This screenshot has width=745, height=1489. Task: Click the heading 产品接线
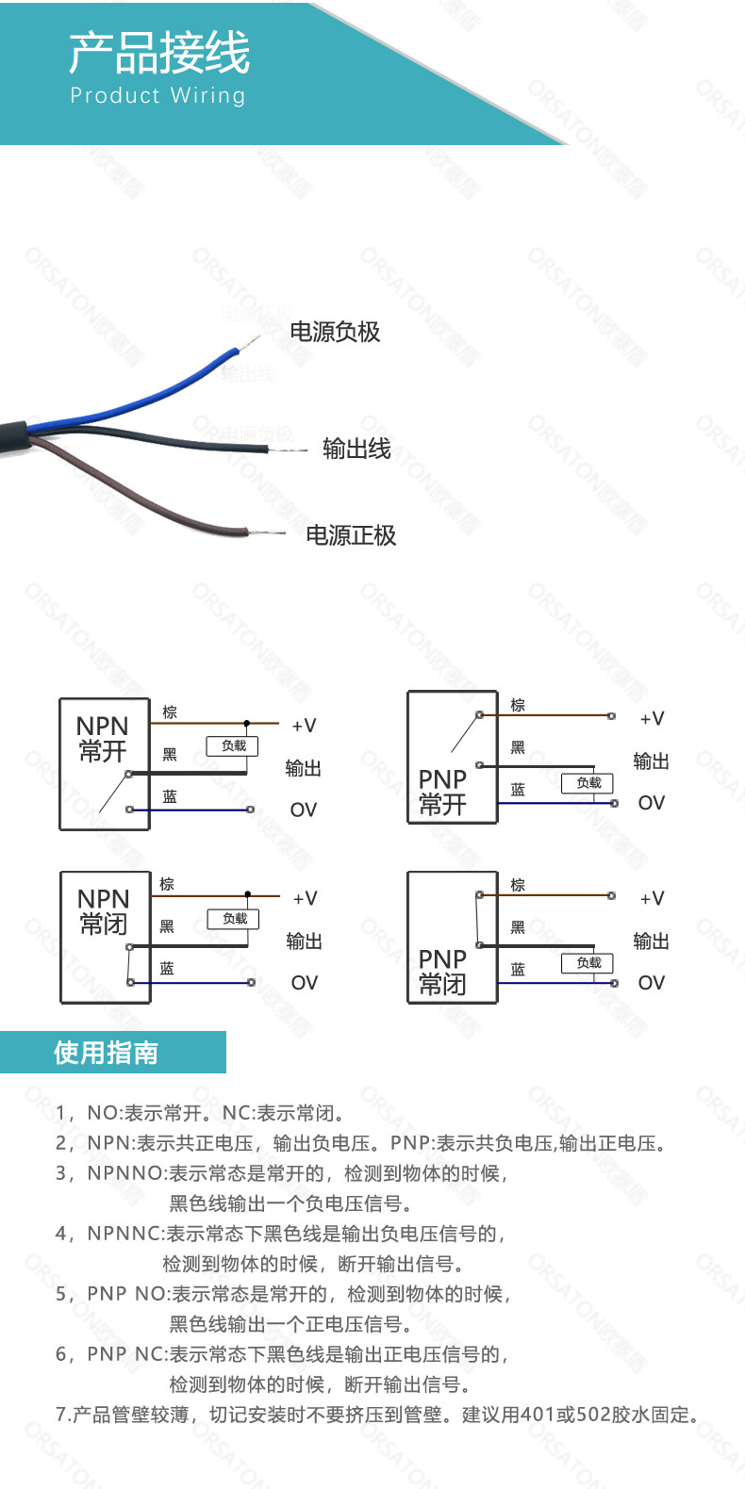159,53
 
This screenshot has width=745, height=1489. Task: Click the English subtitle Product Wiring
157,95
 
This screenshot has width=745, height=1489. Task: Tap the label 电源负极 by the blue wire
335,332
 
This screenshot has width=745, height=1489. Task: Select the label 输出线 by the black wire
356,450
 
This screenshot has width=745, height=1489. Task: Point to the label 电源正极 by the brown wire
351,535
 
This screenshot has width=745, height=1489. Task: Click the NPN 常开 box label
103,739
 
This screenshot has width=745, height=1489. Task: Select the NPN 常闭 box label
103,911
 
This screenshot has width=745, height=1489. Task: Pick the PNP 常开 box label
442,792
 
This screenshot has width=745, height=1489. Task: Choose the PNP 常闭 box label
442,972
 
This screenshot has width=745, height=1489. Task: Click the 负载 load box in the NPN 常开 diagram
233,746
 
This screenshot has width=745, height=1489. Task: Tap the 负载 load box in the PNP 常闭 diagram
588,962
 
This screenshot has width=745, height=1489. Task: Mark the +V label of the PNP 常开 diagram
652,719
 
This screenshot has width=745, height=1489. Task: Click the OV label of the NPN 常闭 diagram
304,983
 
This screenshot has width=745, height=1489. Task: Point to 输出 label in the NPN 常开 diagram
304,769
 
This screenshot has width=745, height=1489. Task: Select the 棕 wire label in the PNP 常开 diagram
518,705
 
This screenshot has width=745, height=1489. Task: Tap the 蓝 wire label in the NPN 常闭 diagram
167,968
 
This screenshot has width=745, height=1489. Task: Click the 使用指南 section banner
107,1053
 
